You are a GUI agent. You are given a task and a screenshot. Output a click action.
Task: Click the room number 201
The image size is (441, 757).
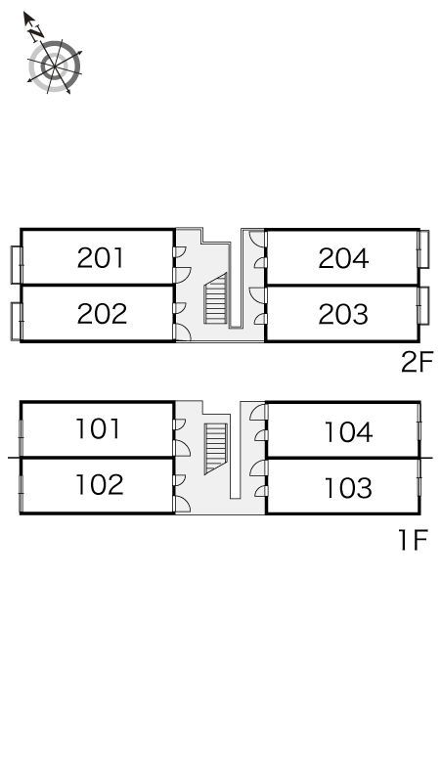pos(101,258)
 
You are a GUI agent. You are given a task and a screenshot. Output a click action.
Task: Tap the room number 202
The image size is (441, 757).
pos(102,314)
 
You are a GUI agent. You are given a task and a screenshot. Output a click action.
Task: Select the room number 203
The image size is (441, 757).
pos(343,314)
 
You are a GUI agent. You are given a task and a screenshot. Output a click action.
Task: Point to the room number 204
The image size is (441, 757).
pos(343,258)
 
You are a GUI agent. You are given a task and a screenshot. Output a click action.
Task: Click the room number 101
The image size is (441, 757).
pos(98,428)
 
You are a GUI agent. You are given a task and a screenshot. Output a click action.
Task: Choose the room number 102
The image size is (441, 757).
pos(100,484)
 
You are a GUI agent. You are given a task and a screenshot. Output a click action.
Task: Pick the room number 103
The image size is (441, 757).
pos(348,488)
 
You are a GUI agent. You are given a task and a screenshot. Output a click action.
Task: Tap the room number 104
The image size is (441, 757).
pos(348,432)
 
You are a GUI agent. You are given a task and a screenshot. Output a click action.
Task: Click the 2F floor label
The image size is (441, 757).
pos(418,362)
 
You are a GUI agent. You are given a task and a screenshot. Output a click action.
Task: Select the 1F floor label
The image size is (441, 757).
pos(414,540)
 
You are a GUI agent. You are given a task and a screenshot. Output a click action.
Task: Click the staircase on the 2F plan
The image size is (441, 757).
pos(215,298)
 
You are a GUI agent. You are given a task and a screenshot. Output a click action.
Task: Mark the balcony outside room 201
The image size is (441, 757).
pos(17,265)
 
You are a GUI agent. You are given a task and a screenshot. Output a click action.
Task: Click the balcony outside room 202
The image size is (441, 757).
pos(17,321)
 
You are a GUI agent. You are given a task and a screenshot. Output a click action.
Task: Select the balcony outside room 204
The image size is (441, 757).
pos(423,249)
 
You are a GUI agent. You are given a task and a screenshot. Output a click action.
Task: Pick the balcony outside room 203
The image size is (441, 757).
pos(423,305)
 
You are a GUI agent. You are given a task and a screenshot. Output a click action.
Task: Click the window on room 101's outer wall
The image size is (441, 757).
pos(21,429)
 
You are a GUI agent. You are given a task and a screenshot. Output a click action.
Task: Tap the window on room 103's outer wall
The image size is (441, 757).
pos(419,485)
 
